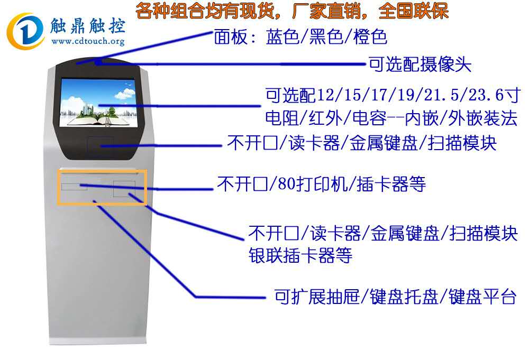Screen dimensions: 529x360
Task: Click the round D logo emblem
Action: pos(25,31)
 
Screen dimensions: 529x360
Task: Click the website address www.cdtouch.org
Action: pos(88,41)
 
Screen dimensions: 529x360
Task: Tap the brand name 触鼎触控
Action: pos(88,25)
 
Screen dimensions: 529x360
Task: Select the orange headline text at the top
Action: pos(292,11)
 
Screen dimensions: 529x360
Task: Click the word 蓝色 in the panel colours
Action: pos(282,36)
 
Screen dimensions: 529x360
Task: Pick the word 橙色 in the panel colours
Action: pos(370,36)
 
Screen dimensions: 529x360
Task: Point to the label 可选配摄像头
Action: pos(419,64)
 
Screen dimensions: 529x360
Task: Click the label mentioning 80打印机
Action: pos(322,184)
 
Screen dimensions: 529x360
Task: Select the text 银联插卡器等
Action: pos(300,255)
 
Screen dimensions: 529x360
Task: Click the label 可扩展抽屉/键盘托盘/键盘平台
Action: pos(395,297)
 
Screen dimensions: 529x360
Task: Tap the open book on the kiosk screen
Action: pos(98,119)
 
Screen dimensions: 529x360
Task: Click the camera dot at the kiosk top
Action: pos(98,62)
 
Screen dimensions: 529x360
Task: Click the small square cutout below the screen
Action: pos(100,145)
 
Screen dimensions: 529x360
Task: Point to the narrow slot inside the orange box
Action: pos(74,186)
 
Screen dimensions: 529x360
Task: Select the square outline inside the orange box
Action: pos(124,189)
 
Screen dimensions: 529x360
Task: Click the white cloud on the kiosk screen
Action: pos(125,93)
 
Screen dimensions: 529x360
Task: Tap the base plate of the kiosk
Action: pos(98,340)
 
